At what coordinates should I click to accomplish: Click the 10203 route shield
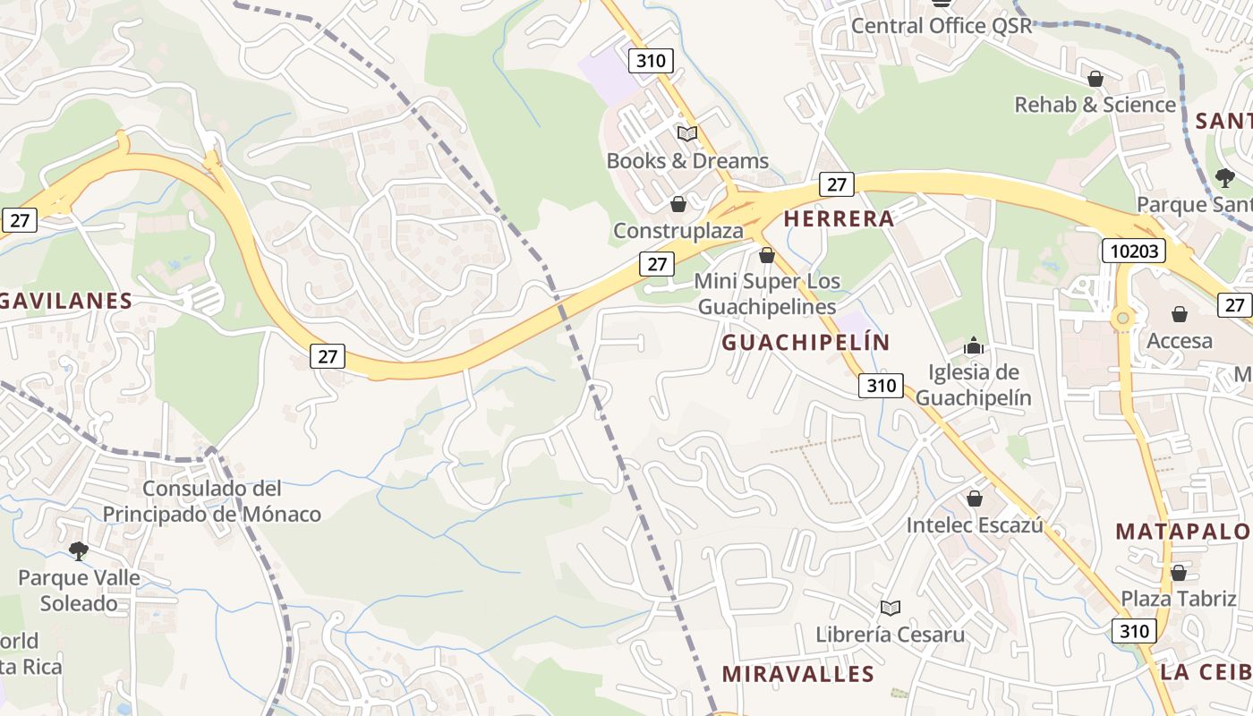pos(1133,251)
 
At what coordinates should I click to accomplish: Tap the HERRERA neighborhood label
pos(839,218)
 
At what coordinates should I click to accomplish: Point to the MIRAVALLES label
pos(797,674)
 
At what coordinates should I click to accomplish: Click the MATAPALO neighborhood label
pos(1183,531)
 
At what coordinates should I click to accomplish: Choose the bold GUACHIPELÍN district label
pos(805,343)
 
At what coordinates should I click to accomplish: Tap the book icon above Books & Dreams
pos(687,134)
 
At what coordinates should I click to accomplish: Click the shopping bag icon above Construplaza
pos(678,204)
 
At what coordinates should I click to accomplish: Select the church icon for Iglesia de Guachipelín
pos(974,345)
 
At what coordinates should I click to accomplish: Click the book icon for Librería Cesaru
pos(890,609)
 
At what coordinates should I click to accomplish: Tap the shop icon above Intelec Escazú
pos(975,499)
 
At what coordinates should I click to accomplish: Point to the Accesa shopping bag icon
pos(1180,314)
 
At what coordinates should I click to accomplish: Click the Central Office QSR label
pos(942,25)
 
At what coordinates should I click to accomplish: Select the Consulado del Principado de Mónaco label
pos(211,501)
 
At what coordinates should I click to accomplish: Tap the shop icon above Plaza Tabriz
pos(1179,573)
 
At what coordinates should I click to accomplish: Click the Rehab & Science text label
pos(1095,105)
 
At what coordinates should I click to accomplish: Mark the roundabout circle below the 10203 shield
pos(1121,318)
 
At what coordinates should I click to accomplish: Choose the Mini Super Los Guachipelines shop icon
pos(767,256)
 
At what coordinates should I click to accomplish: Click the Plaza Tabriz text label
pos(1179,599)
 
